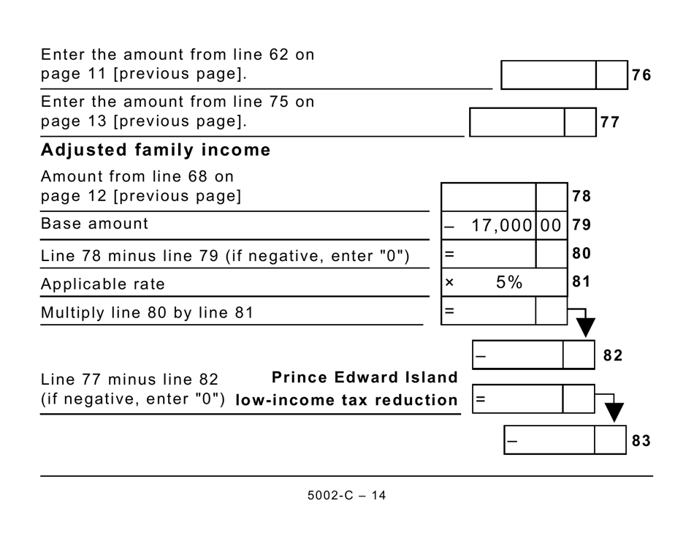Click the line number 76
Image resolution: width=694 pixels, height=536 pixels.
[641, 75]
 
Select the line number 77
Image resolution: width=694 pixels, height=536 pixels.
[610, 122]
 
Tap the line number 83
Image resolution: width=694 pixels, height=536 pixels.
[641, 441]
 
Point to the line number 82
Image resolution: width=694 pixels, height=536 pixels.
[613, 355]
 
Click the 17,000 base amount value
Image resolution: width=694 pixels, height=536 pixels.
[503, 226]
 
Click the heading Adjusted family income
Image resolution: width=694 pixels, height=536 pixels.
[156, 150]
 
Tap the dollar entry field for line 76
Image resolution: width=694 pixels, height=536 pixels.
[549, 75]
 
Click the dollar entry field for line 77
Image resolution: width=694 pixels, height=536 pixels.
[516, 122]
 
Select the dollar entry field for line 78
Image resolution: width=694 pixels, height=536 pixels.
[489, 197]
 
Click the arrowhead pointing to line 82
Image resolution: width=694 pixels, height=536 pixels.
[586, 327]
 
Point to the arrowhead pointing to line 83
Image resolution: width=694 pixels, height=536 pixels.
[614, 412]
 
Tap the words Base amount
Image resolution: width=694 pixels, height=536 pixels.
[94, 224]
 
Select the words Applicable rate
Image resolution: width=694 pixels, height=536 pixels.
[103, 284]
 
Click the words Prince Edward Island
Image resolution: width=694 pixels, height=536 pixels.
[365, 377]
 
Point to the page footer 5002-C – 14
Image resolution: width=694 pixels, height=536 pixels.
[346, 495]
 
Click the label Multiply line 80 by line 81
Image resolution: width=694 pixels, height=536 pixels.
[147, 313]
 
